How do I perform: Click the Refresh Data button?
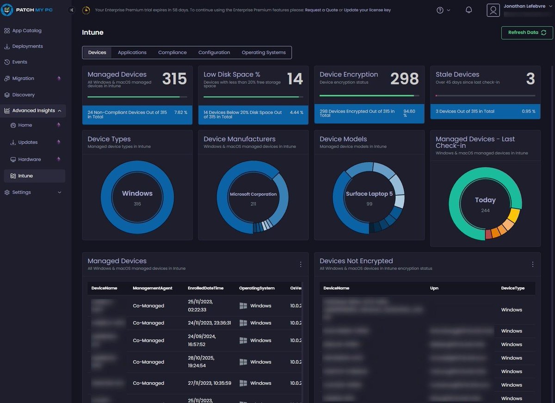pos(527,32)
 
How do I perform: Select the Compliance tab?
pos(172,52)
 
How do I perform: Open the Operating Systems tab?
pos(263,52)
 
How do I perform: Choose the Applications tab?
pos(132,52)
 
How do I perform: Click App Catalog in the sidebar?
pos(26,31)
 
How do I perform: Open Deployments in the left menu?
pos(27,46)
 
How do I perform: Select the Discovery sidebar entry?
pos(23,95)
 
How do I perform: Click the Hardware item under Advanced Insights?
pos(29,159)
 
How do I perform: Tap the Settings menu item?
pos(21,192)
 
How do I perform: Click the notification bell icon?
pos(469,10)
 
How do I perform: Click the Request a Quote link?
pos(321,10)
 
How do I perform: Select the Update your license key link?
pos(367,10)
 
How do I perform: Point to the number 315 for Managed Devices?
pos(174,79)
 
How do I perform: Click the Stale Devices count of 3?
pos(530,79)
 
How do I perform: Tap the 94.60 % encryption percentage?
pos(409,113)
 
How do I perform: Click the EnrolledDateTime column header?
pos(205,288)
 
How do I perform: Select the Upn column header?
pos(434,288)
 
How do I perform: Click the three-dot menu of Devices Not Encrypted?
pos(532,264)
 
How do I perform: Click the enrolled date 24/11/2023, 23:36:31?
pos(209,323)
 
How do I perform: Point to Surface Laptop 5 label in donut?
pos(369,194)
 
